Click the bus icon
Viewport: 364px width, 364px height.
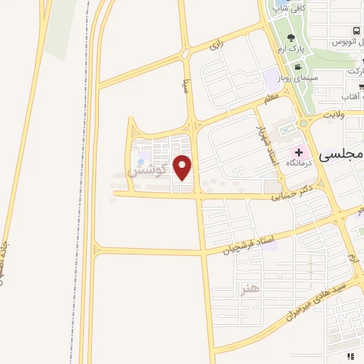355,31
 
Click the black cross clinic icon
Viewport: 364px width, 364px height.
298,151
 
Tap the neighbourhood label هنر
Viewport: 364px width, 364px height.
247,288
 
